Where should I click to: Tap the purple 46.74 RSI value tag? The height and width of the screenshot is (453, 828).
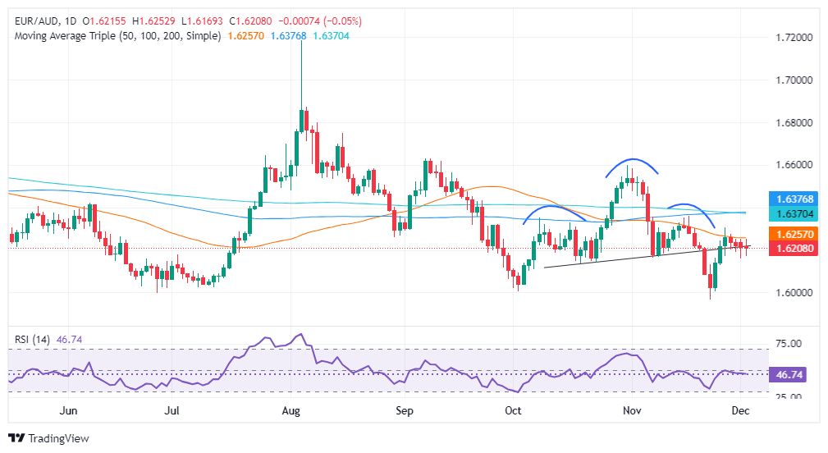coord(788,373)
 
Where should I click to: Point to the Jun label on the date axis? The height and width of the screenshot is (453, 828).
coord(69,410)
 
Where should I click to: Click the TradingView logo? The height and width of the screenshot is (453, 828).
coord(48,438)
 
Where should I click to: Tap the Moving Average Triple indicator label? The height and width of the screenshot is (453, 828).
coord(117,36)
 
